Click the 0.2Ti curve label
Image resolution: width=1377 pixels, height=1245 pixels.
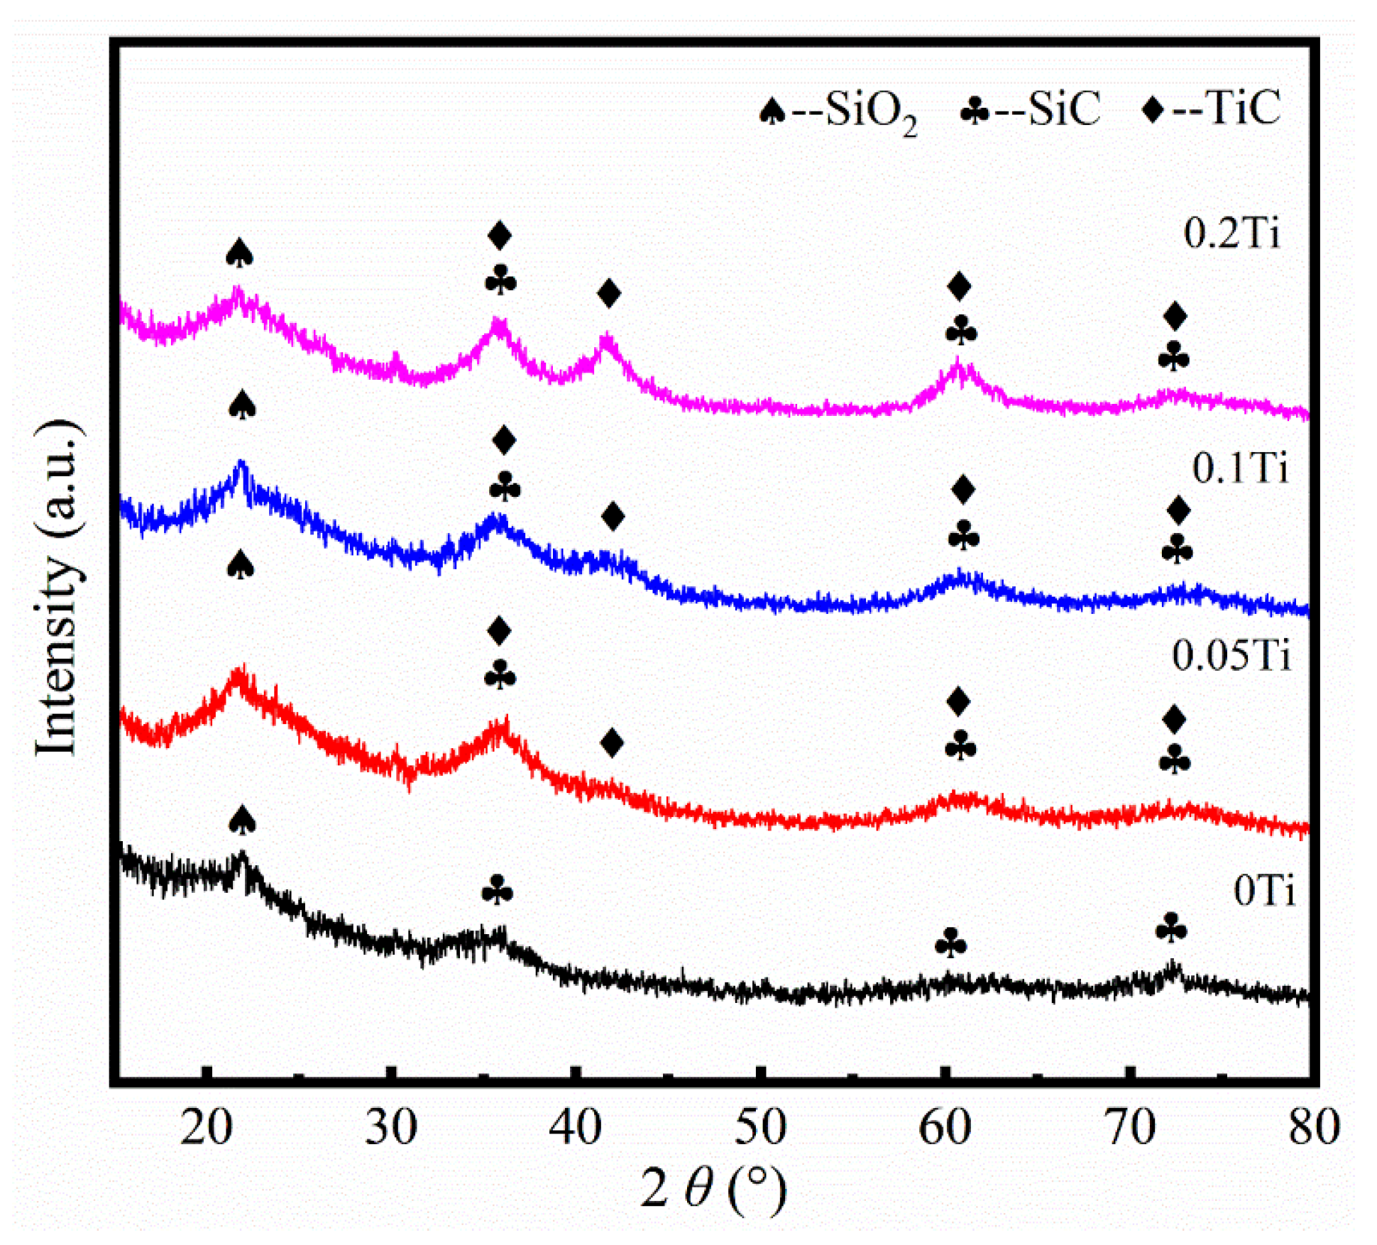1231,232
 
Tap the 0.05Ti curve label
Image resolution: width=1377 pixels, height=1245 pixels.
1231,654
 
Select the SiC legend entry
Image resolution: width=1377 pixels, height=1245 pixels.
1030,110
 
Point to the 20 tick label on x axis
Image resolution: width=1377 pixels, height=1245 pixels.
206,1127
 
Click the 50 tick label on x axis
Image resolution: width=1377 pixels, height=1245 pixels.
760,1127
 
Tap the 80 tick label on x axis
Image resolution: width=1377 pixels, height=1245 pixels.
1314,1127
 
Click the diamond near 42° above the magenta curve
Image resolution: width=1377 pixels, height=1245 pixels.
609,292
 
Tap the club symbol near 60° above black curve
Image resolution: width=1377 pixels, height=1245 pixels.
950,943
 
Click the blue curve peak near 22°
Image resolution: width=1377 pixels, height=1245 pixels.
241,466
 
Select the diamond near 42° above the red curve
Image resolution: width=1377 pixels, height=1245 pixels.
612,742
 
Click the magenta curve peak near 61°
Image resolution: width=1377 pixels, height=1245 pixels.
958,366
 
